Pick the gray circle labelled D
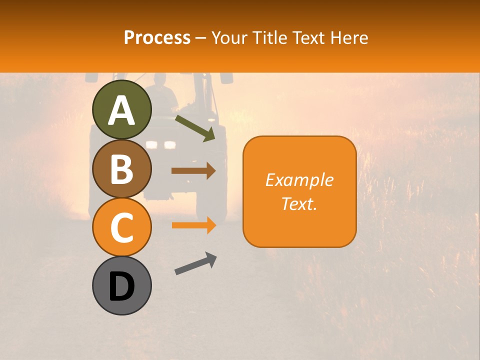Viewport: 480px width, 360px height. (x=122, y=285)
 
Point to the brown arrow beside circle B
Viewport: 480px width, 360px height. (x=193, y=170)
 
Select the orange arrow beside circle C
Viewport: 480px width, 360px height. (x=193, y=225)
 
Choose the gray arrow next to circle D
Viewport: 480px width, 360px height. (x=195, y=263)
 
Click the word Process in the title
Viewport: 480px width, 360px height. (x=157, y=37)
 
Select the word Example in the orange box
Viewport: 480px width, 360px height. (x=299, y=180)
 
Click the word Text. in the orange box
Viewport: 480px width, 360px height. (x=299, y=203)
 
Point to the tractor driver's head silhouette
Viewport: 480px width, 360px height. (x=160, y=80)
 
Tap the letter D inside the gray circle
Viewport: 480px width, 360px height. (x=122, y=287)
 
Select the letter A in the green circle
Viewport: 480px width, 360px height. (x=122, y=110)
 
